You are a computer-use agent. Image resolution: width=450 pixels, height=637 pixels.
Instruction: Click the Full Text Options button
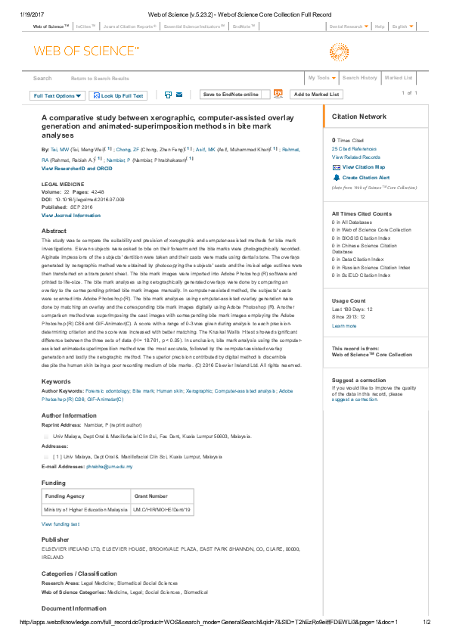pos(57,96)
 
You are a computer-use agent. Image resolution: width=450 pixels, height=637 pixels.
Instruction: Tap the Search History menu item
pos(359,78)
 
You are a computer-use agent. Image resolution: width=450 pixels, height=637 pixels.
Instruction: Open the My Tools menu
pos(321,78)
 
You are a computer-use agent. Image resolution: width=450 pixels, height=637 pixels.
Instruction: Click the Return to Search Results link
pos(100,79)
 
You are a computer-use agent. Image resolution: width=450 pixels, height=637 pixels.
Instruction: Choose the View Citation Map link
pos(363,166)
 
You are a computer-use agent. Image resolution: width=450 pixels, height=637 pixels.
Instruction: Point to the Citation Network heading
pos(359,117)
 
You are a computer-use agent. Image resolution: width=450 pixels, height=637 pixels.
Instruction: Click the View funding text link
pos(61,524)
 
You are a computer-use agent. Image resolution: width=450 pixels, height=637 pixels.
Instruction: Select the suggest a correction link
pos(354,398)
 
